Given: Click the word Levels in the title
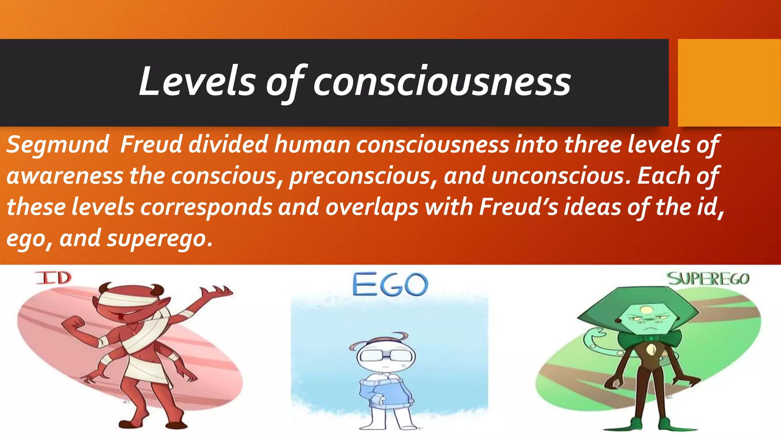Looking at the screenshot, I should click(197, 81).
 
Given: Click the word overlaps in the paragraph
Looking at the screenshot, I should click(372, 207).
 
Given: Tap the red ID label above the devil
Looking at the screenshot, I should click(53, 278).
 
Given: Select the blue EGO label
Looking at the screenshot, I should click(390, 285).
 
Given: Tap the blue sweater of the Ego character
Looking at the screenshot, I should click(385, 393).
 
